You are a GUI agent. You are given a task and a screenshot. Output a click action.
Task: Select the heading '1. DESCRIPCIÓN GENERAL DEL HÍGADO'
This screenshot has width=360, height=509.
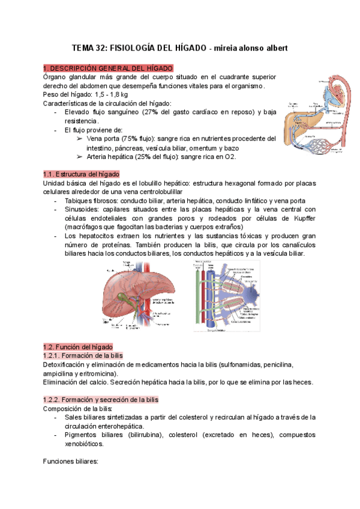coord(109,68)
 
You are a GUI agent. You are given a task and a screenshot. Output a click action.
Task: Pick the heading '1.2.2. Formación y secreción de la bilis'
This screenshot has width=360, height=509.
coord(101,400)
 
